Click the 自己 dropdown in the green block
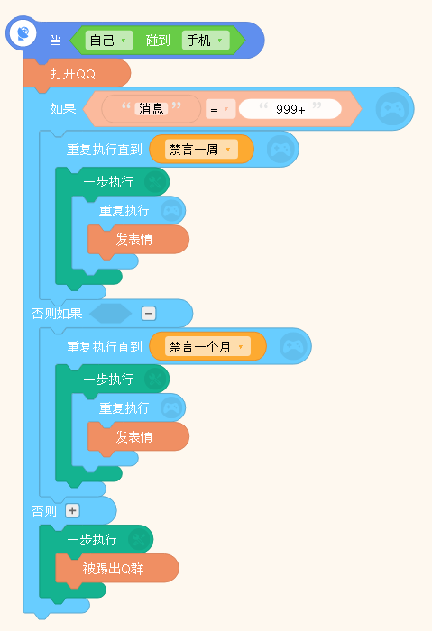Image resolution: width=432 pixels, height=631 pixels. point(109,41)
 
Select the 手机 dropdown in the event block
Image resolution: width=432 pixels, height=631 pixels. point(206,41)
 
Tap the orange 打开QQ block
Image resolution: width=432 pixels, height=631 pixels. point(77,74)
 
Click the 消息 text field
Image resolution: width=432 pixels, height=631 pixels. point(151,109)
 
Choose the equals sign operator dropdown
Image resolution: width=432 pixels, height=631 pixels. point(220,109)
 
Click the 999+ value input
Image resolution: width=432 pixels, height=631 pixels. point(290,109)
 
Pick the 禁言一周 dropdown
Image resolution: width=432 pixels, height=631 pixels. point(201,150)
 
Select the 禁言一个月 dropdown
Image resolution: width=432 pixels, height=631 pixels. point(207,346)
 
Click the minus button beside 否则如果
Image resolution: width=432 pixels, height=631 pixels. point(149,313)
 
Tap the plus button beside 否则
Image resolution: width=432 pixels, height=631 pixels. point(72,511)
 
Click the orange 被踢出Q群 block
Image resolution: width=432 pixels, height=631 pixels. point(116,569)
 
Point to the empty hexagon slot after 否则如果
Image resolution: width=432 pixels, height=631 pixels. point(111,314)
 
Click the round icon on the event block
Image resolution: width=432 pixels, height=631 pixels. point(23,33)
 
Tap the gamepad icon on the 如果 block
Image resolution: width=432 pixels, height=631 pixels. point(392,109)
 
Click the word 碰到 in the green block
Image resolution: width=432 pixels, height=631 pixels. point(158,41)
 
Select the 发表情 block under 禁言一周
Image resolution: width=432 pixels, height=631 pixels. point(138,241)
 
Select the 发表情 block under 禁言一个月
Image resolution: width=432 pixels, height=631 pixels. point(138,437)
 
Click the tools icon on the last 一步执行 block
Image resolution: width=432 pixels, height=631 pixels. point(140,540)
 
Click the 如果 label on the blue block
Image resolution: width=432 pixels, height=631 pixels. point(63,109)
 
